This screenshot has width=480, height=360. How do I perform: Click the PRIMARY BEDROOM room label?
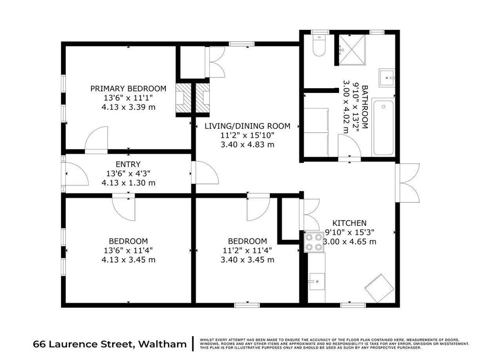tap(128, 89)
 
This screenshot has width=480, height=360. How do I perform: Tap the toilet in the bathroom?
tap(318, 45)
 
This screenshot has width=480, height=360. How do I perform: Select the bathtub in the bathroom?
tap(383, 127)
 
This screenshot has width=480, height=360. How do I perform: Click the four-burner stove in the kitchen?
tap(314, 242)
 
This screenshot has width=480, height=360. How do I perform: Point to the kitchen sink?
tap(316, 282)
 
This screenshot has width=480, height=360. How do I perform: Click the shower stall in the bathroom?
tap(352, 49)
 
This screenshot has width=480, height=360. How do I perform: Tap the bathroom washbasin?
tap(387, 78)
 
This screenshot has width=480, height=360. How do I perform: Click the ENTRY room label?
tap(128, 164)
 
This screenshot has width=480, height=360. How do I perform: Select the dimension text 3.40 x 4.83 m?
tap(247, 145)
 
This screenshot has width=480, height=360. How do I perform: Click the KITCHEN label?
tap(349, 223)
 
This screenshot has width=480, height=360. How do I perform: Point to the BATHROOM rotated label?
tap(365, 107)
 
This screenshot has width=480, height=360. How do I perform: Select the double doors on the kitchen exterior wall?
tap(407, 183)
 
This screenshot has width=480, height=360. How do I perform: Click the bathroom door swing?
tap(349, 145)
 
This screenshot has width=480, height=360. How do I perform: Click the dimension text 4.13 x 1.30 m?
tap(128, 182)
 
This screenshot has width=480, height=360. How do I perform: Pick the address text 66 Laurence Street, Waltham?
tap(109, 344)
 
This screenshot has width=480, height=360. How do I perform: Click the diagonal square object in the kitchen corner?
tap(379, 288)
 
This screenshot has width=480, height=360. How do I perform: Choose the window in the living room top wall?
tap(242, 44)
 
